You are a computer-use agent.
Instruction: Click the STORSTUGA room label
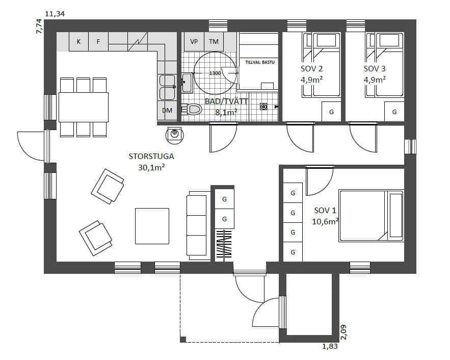point(151,157)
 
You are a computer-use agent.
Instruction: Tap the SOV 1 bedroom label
point(325,211)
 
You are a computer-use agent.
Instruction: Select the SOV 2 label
point(312,69)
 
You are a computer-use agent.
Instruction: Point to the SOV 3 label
point(375,69)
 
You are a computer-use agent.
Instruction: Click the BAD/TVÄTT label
point(226,101)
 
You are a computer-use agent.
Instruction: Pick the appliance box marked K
point(78,42)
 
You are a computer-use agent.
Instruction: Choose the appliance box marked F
point(98,42)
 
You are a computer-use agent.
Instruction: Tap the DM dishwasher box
point(167,110)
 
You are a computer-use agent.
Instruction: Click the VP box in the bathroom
point(194,42)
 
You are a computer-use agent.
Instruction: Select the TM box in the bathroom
point(214,42)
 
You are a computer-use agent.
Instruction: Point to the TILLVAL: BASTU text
point(260,62)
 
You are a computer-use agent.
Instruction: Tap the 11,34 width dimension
point(55,14)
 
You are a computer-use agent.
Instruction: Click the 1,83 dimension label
point(330,346)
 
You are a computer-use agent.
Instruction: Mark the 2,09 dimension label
point(344,332)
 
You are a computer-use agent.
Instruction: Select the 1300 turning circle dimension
point(215,73)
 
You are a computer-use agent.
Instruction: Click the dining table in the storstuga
point(84,107)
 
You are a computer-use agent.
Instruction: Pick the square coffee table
point(152,226)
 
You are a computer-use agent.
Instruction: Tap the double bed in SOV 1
point(372,216)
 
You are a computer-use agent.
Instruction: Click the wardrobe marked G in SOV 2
point(331,112)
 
